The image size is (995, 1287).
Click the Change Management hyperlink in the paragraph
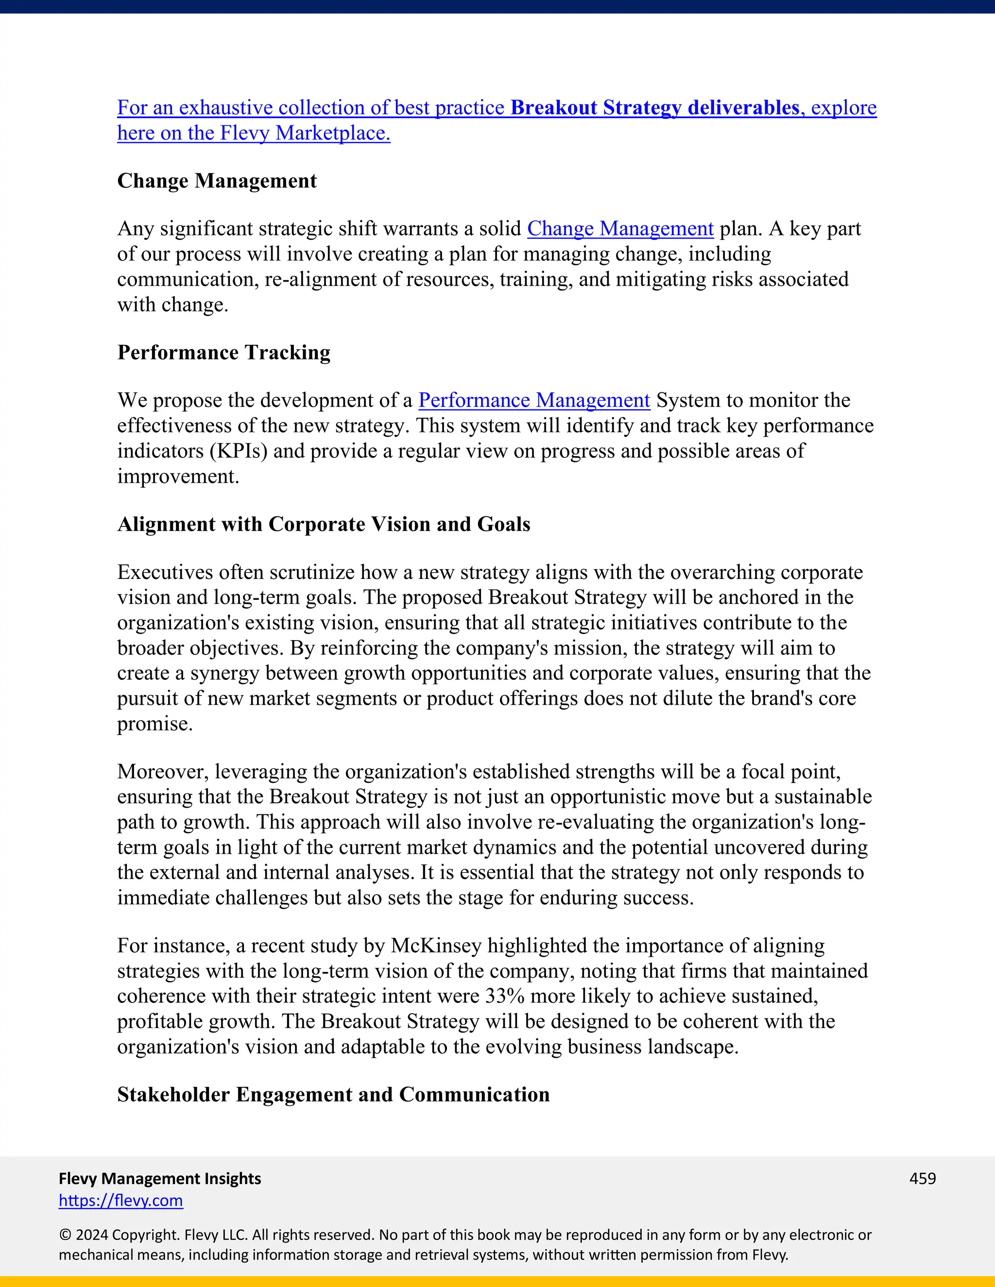[620, 229]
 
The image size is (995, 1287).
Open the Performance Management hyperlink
[534, 400]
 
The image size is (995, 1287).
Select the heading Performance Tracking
[223, 353]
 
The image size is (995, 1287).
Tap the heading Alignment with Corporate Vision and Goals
[324, 524]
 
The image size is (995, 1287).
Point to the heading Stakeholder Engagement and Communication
[333, 1094]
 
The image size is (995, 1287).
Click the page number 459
[922, 1178]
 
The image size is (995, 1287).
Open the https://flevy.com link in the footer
[121, 1201]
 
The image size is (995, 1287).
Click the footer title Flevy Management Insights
[160, 1178]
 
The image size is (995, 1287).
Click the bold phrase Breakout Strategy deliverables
[654, 108]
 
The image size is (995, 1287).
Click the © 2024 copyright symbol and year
[84, 1235]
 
